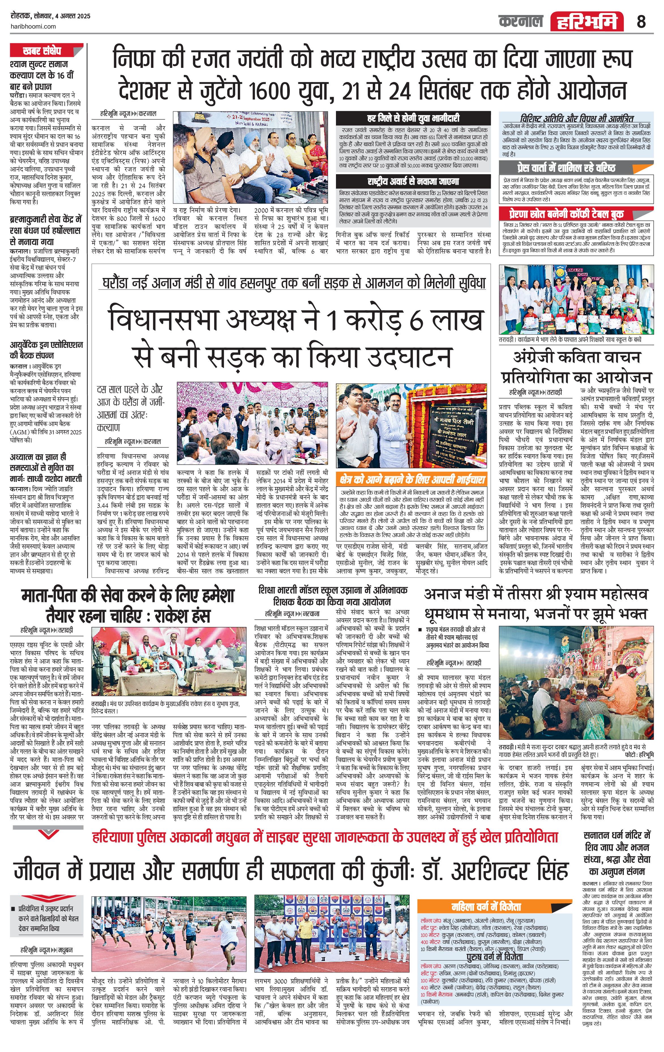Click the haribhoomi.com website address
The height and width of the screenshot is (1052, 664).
tap(33, 26)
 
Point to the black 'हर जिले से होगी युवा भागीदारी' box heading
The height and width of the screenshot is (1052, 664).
tap(413, 118)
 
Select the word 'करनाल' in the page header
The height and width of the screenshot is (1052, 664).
tap(520, 21)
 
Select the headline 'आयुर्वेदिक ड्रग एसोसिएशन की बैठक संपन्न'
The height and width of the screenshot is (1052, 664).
tap(46, 350)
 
